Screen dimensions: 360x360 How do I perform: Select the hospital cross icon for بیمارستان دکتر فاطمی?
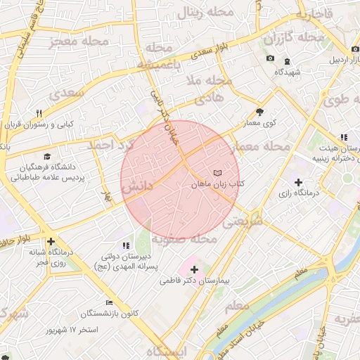pyautogui.click(x=194, y=269)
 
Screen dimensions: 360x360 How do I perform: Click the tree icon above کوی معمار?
pyautogui.click(x=259, y=112)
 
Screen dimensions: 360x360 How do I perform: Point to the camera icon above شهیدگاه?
pyautogui.click(x=270, y=58)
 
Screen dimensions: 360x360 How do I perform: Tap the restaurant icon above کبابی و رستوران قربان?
pyautogui.click(x=39, y=112)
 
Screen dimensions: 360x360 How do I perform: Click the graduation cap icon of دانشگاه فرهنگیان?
pyautogui.click(x=47, y=156)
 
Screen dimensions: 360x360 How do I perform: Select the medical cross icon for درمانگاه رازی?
pyautogui.click(x=298, y=182)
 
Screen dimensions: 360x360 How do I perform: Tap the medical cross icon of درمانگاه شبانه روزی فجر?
pyautogui.click(x=51, y=241)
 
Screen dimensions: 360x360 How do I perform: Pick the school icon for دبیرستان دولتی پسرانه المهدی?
pyautogui.click(x=126, y=245)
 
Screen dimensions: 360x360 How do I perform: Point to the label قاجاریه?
pyautogui.click(x=313, y=14)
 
